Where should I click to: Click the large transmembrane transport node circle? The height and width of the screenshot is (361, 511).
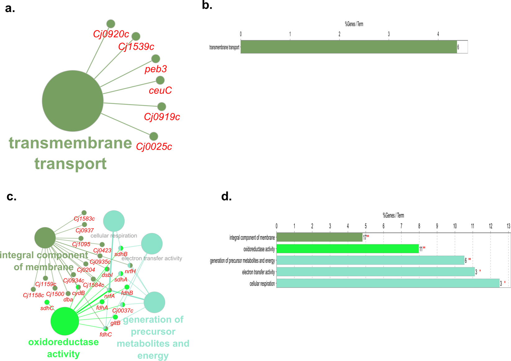(73, 101)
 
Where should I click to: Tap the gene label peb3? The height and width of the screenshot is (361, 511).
(156, 69)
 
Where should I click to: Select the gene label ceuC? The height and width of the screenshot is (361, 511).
(160, 90)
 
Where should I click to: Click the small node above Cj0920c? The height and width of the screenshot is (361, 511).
(111, 24)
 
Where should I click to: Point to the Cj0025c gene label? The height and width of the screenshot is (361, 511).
(154, 146)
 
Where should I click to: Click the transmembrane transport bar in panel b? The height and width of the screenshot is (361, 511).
(348, 47)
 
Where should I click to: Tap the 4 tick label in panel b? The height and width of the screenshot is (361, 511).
(438, 34)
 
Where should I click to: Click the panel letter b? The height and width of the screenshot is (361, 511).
(207, 6)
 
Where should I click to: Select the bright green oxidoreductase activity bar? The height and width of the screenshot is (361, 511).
(347, 249)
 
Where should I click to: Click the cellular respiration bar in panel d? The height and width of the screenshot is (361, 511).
(388, 283)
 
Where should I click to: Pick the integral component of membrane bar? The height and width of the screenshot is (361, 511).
(319, 237)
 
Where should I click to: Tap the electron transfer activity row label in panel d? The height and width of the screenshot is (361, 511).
(258, 272)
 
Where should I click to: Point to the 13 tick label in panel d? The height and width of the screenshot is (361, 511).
(508, 227)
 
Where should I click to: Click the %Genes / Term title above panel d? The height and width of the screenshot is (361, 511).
(393, 215)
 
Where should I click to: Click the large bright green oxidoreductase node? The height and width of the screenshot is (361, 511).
(65, 321)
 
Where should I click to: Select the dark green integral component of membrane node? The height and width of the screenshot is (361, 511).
(45, 238)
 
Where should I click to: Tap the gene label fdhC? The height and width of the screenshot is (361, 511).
(106, 334)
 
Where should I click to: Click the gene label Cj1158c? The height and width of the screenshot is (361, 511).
(34, 295)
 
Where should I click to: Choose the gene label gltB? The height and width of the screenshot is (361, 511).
(115, 323)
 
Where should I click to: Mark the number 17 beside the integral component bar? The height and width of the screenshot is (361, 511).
(365, 238)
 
